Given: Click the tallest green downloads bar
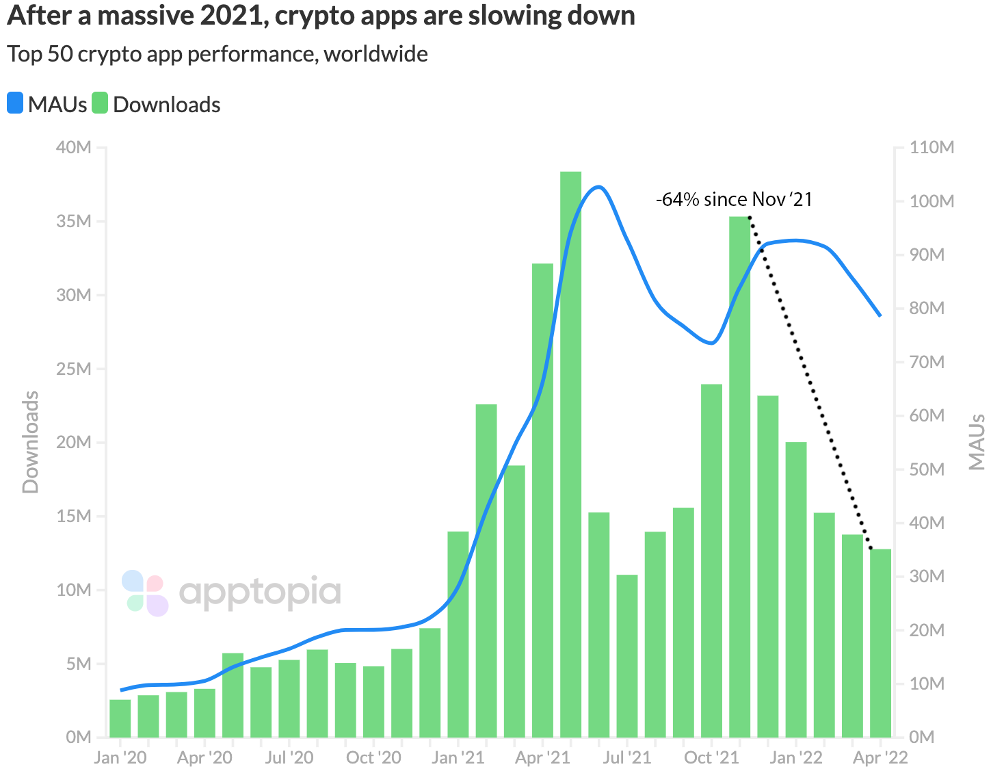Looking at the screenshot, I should [x=570, y=452].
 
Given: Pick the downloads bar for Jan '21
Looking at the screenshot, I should [x=458, y=633].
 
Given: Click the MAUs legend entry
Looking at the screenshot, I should [x=48, y=105].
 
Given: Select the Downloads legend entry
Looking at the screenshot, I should [x=157, y=105].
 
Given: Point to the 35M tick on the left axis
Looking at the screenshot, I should [x=73, y=222].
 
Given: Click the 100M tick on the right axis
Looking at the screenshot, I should [x=932, y=201].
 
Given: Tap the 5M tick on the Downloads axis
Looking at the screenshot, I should [x=78, y=664].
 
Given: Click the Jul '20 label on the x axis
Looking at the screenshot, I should [x=289, y=757].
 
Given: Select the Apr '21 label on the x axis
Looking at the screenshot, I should [x=542, y=757].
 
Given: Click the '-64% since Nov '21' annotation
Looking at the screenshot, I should [x=734, y=199].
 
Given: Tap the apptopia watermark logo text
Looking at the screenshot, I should [x=260, y=592].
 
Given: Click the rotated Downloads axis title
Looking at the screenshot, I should [x=31, y=442].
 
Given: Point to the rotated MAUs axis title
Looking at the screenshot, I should [x=977, y=442].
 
